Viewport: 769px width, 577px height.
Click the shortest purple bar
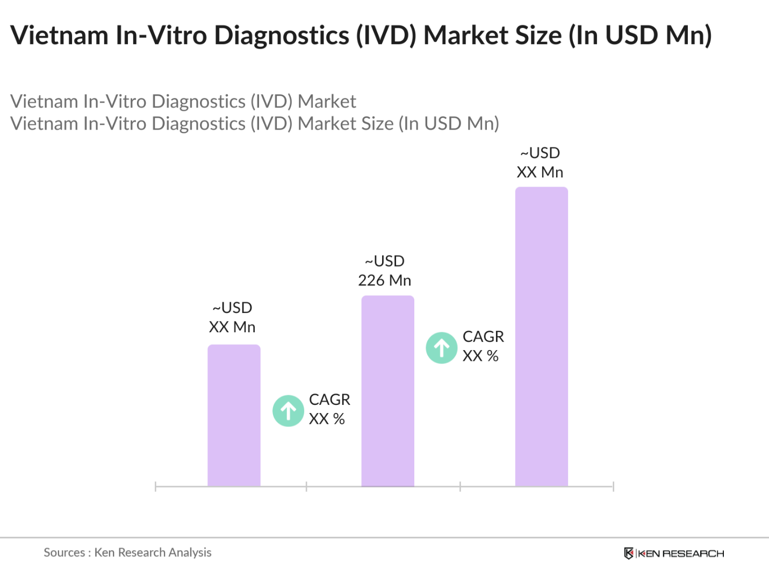(x=234, y=415)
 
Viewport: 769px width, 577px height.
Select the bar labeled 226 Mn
(x=387, y=391)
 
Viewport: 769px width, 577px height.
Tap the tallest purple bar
(x=541, y=337)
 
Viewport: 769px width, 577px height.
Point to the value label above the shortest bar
(x=232, y=318)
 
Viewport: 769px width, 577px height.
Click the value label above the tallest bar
(x=540, y=163)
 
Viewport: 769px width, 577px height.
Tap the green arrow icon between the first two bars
(x=289, y=411)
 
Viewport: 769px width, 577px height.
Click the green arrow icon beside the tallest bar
(x=442, y=348)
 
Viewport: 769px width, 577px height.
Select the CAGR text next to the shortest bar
(x=329, y=409)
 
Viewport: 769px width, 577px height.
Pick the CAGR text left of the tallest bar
(x=483, y=346)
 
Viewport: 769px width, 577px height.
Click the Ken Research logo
(x=674, y=553)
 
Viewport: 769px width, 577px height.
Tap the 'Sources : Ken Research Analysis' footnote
(x=127, y=552)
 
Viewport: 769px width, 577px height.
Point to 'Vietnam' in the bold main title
(x=59, y=35)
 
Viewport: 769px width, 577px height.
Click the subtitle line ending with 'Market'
(x=183, y=102)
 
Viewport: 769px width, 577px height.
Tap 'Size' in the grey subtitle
(x=376, y=124)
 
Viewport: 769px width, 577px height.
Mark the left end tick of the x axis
(x=155, y=487)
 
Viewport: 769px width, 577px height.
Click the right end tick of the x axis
(x=613, y=487)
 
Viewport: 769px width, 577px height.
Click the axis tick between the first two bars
(x=306, y=487)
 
